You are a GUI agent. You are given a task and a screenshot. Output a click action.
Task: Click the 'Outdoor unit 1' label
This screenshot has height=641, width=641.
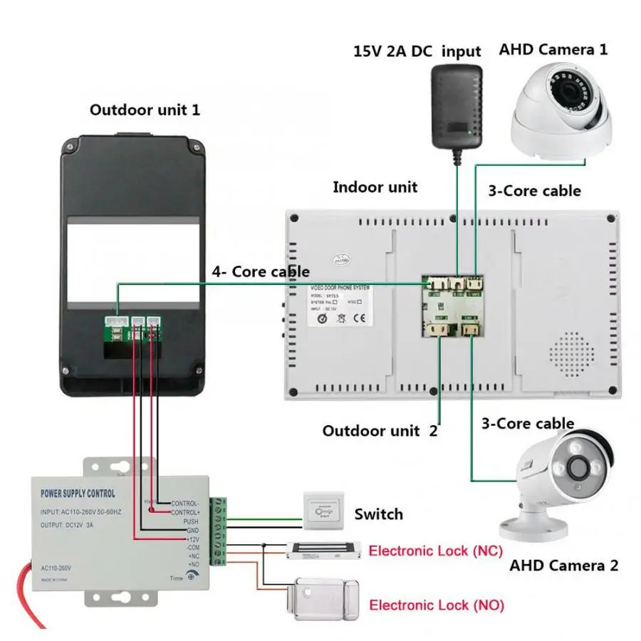point(145,110)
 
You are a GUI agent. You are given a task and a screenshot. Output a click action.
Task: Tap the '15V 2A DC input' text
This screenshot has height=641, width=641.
point(417,52)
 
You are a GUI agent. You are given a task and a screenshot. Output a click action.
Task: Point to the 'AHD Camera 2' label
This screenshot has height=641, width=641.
point(563,566)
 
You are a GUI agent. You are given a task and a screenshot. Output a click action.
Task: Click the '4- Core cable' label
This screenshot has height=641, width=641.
point(260,271)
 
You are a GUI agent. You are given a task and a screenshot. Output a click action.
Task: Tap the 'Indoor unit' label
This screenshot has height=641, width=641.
point(375,187)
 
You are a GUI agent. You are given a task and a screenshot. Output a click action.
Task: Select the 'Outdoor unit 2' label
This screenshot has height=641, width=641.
point(380,431)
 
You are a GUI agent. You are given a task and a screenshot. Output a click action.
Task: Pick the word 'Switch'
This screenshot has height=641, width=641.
point(378,514)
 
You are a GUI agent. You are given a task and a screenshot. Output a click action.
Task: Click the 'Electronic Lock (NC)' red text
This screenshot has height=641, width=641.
point(435,551)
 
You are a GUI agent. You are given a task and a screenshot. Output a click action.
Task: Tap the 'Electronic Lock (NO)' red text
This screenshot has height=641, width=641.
point(436,605)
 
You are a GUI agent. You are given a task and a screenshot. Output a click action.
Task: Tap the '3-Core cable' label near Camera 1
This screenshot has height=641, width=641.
point(533,191)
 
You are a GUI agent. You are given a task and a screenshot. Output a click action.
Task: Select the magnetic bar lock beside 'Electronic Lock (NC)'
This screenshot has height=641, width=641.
point(322,551)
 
